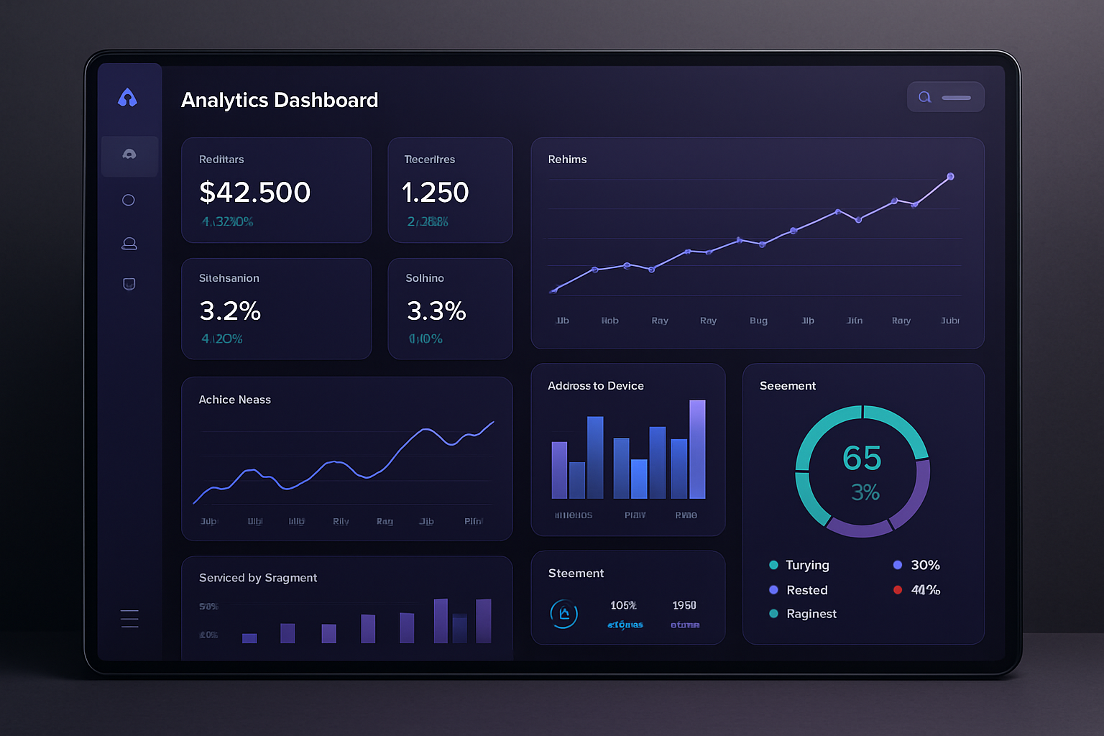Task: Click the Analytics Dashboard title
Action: pos(279,100)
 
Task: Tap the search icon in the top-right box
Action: pos(925,97)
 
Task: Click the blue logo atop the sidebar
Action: pos(127,98)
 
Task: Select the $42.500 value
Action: pos(254,192)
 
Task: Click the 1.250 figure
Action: pos(435,192)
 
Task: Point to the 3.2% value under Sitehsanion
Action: pos(230,310)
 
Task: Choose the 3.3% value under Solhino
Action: pos(436,310)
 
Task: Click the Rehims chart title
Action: pos(567,160)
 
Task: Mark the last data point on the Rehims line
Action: pos(950,177)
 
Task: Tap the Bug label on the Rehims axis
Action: pos(758,321)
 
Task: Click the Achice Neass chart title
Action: pos(234,400)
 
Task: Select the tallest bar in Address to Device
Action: pos(697,449)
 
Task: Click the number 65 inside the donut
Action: pos(862,458)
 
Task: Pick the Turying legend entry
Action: pos(806,565)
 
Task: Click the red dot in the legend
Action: pos(898,590)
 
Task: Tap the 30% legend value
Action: pos(925,565)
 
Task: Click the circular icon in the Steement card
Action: pos(564,614)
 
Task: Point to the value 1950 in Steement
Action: pos(684,605)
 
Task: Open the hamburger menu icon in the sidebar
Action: pos(129,619)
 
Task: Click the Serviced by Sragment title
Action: pos(257,578)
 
